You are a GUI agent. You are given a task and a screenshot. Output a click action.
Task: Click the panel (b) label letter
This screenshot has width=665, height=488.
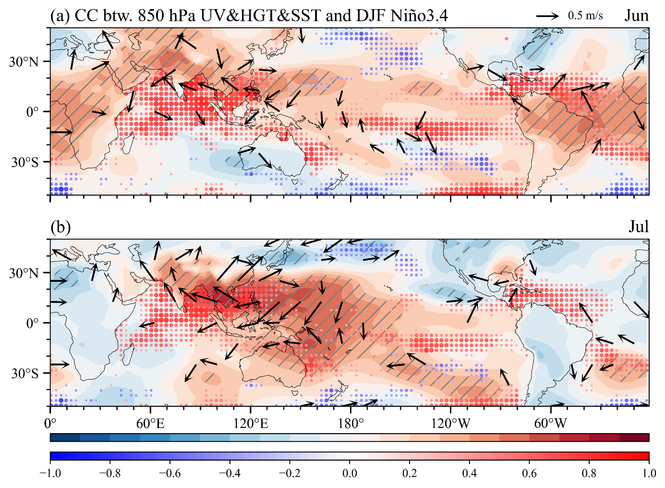pyautogui.click(x=60, y=227)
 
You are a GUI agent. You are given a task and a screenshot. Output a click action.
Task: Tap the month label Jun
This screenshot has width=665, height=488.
pyautogui.click(x=637, y=16)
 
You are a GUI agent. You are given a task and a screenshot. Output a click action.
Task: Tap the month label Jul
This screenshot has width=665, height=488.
pyautogui.click(x=639, y=227)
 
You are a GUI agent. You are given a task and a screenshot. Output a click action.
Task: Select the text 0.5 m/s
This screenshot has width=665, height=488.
pyautogui.click(x=585, y=16)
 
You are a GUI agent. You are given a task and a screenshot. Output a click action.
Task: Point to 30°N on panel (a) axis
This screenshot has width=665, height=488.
pyautogui.click(x=24, y=62)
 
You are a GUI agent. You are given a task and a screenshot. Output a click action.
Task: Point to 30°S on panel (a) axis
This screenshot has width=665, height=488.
pyautogui.click(x=25, y=163)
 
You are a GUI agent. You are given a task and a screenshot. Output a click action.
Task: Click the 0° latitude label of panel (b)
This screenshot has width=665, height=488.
pyautogui.click(x=33, y=323)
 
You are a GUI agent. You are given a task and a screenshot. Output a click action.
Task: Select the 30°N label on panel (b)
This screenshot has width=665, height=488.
pyautogui.click(x=24, y=273)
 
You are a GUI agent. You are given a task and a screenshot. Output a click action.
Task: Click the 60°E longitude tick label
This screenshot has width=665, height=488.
pyautogui.click(x=150, y=424)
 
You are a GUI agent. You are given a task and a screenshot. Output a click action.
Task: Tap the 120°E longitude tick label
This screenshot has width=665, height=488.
pyautogui.click(x=251, y=424)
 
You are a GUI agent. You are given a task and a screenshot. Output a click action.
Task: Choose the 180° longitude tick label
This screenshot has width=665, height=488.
pyautogui.click(x=351, y=424)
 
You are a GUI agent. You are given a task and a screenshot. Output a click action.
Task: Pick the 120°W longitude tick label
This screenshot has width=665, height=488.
pyautogui.click(x=451, y=424)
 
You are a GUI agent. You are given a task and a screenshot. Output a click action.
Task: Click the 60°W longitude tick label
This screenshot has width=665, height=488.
pyautogui.click(x=551, y=424)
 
